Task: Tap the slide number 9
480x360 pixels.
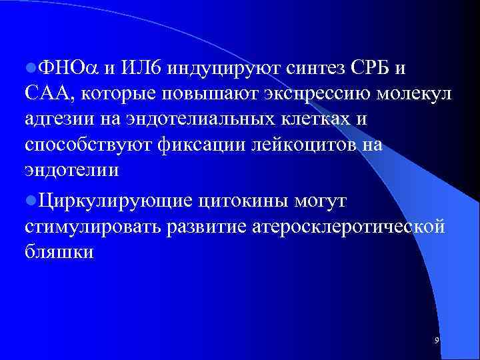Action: [436, 341]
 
